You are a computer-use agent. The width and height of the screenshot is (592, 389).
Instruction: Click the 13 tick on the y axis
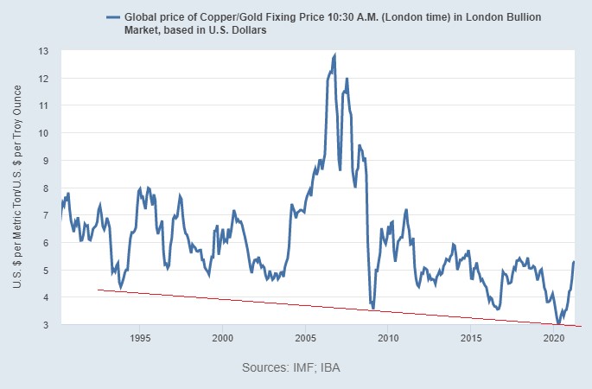(43, 51)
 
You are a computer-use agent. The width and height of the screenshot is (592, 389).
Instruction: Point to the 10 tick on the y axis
(43, 133)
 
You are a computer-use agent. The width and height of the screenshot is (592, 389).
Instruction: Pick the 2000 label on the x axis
(223, 337)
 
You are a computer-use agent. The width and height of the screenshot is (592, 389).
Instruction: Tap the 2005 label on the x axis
(305, 337)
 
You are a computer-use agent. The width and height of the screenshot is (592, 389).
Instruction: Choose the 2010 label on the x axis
(388, 337)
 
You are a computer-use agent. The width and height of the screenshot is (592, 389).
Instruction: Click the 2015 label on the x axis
(470, 337)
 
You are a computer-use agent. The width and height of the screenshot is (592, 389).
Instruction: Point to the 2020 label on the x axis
(553, 337)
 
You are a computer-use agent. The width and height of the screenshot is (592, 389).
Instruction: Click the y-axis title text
(19, 187)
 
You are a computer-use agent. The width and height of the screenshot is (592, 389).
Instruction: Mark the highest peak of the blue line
(334, 54)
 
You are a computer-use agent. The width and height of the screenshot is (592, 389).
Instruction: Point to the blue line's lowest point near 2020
(558, 322)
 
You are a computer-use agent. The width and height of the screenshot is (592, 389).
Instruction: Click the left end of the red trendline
(98, 290)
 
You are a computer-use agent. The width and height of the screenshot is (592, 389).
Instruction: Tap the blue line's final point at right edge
(574, 261)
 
